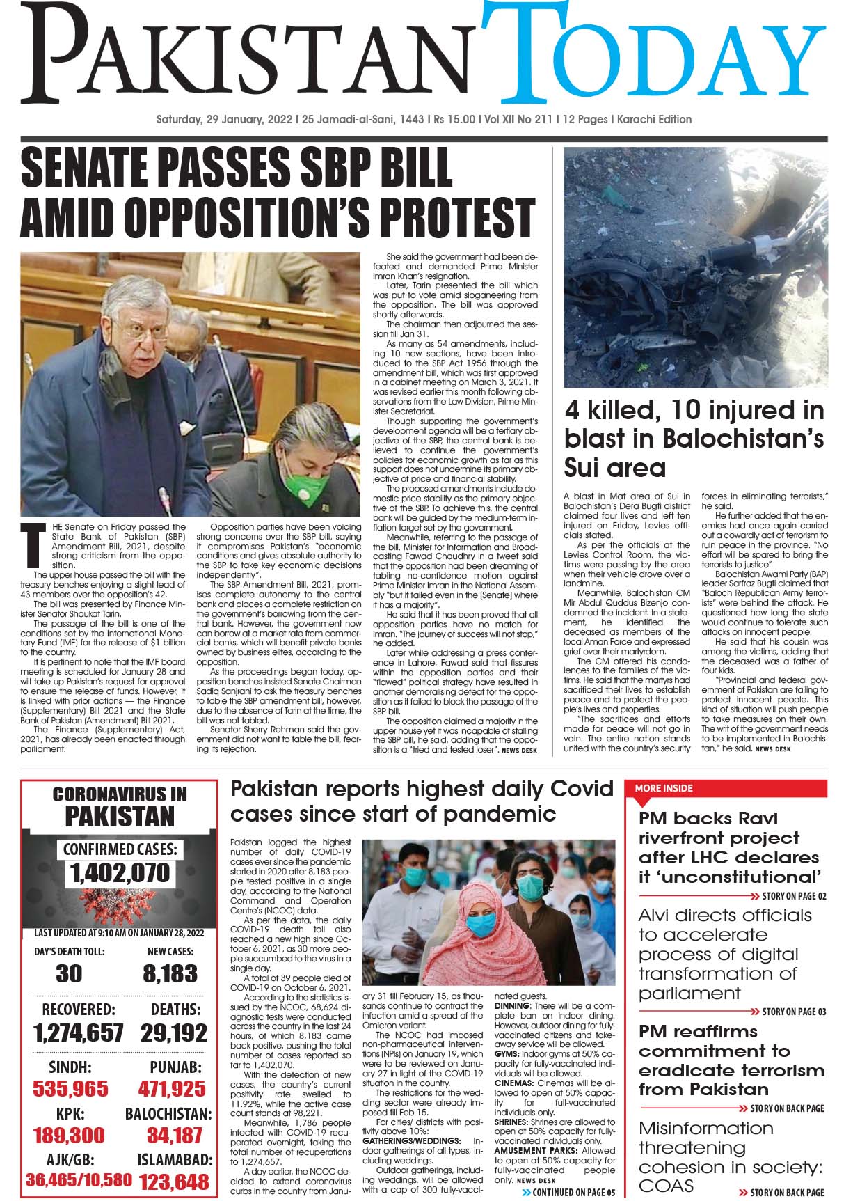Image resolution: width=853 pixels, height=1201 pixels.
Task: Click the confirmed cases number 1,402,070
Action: tap(120, 872)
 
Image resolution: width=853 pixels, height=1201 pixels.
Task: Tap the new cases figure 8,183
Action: tap(170, 973)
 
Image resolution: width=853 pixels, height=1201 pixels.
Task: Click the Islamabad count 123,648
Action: tap(175, 1182)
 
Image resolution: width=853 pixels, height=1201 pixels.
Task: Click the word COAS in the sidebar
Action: tap(667, 1186)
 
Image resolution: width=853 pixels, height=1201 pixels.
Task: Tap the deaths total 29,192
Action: tap(173, 1033)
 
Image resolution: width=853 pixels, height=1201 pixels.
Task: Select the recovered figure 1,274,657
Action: tap(78, 1033)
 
